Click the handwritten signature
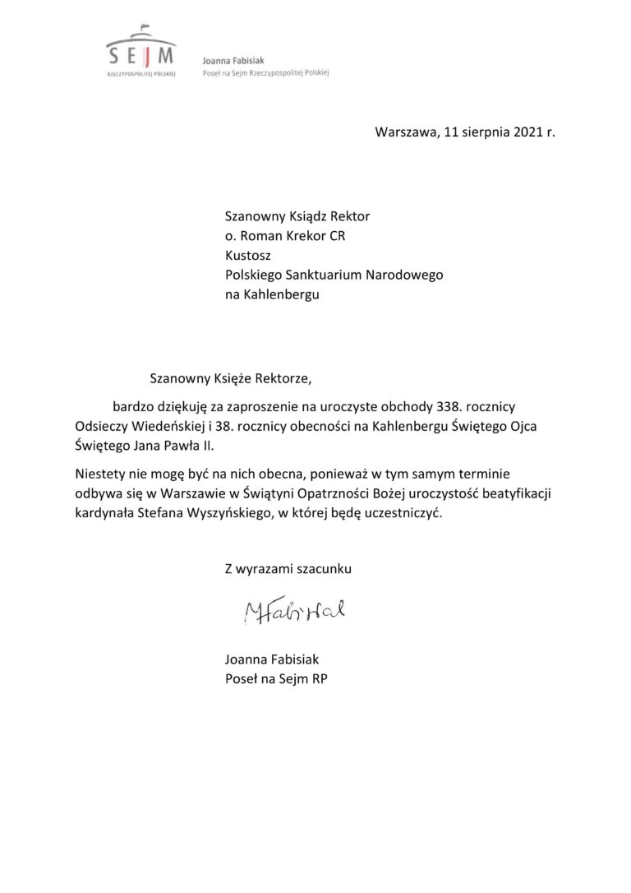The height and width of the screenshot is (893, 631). pyautogui.click(x=293, y=610)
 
